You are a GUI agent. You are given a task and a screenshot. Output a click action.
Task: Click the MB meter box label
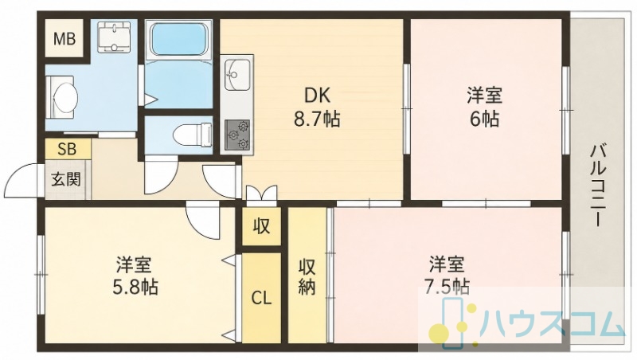coord(65,39)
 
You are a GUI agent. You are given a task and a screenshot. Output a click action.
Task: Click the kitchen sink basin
coord(237,75)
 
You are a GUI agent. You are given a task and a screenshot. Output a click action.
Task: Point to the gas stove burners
coord(238,135)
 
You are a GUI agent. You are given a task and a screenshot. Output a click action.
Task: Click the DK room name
coord(317,96)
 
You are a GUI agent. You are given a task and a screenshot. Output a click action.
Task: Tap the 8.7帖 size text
coord(317,119)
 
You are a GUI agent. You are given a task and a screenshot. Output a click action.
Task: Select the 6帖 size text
coord(484,119)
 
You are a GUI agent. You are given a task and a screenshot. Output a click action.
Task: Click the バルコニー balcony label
coord(599,186)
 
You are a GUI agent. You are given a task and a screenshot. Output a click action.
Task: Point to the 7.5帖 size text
coord(444,287)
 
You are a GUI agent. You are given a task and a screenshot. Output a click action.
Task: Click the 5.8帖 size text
coord(135,288)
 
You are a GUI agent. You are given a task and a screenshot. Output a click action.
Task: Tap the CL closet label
coord(261,298)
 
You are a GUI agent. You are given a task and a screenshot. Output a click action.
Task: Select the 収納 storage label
coord(307,277)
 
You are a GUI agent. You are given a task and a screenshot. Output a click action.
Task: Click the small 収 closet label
coord(262,226)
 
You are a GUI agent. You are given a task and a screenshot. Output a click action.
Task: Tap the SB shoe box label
coord(67,149)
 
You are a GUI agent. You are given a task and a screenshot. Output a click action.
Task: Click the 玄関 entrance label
coord(66,178)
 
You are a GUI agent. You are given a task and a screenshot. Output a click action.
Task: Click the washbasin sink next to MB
coord(115,37)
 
